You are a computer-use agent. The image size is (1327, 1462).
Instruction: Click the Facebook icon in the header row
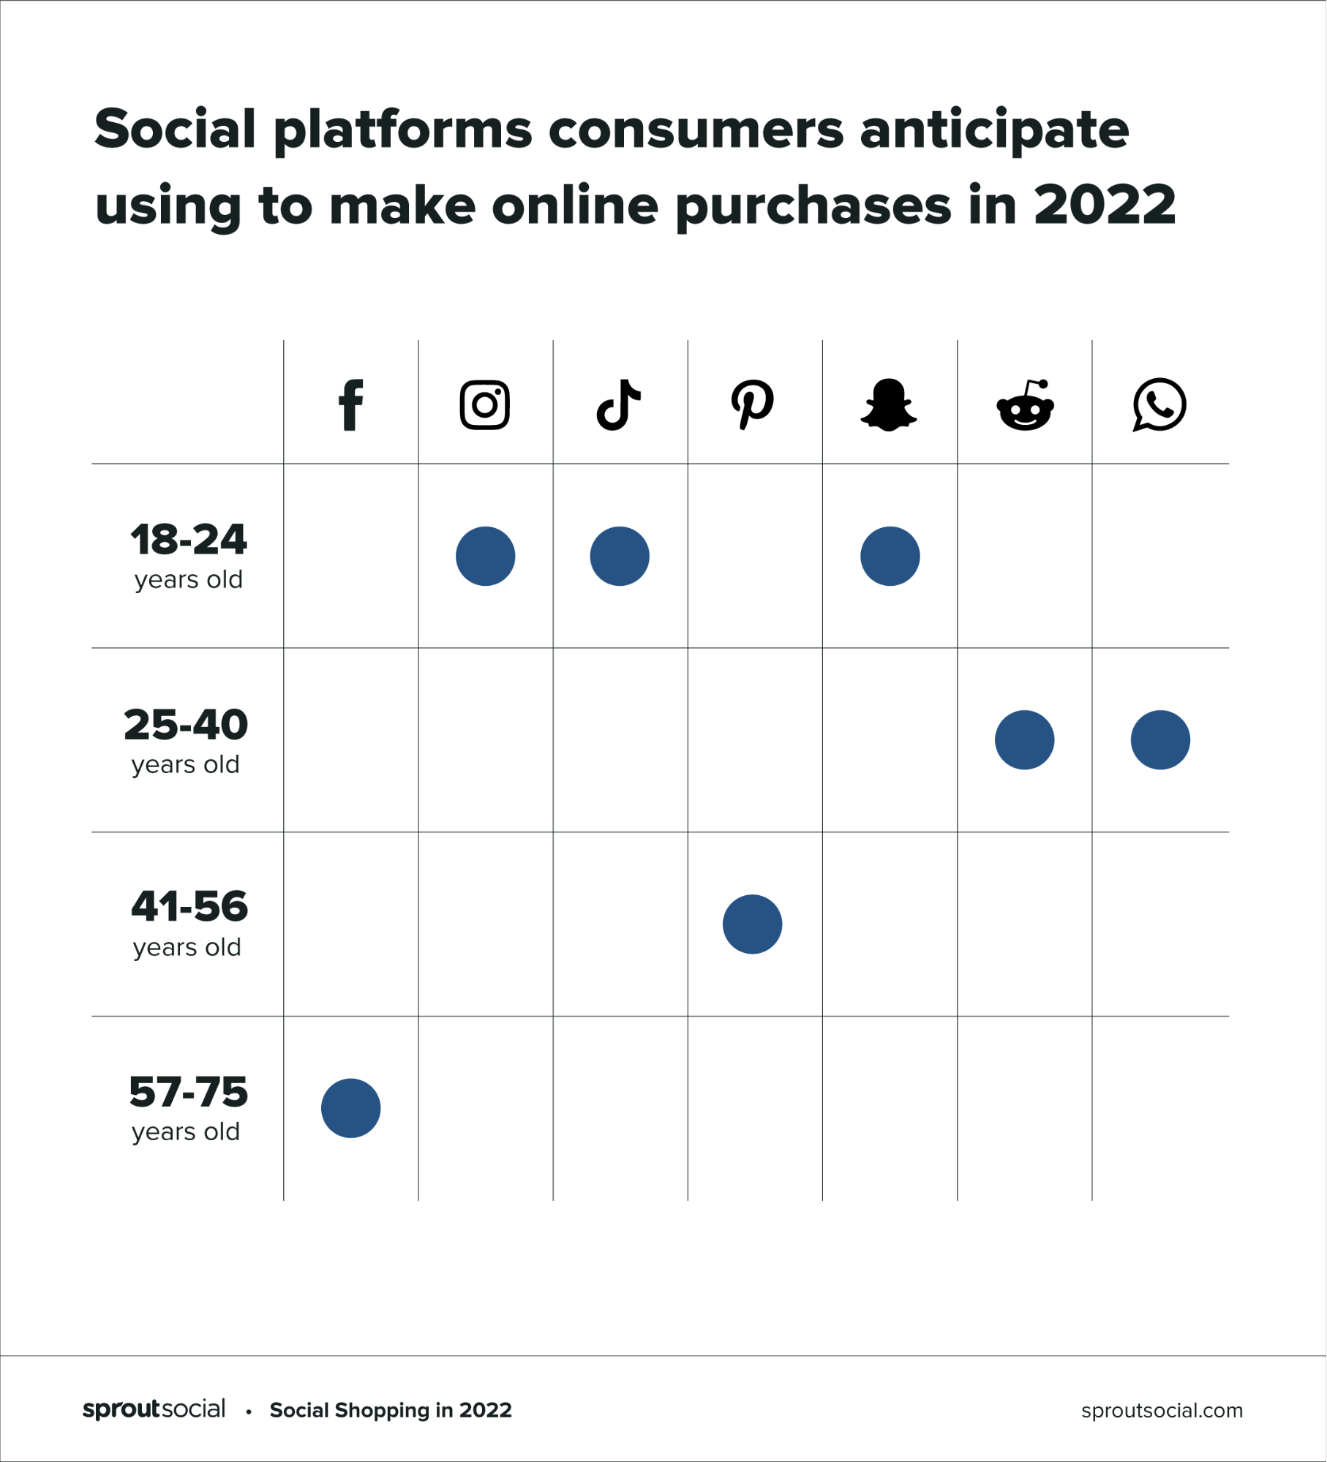351,405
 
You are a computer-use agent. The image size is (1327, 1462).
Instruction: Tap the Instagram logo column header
485,404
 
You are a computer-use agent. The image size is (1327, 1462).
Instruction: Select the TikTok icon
619,404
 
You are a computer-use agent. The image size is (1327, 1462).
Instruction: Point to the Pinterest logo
753,404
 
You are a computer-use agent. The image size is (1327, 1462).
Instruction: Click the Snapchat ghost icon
889,405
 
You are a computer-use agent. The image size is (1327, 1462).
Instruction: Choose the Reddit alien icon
1025,406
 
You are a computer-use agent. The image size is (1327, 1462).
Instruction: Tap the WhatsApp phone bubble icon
1159,404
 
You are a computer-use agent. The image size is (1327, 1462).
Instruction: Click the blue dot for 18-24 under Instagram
485,556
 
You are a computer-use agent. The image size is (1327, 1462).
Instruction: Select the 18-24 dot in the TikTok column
620,556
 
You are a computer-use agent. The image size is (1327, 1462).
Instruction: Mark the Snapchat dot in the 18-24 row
890,556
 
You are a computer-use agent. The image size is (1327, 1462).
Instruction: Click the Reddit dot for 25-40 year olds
1024,739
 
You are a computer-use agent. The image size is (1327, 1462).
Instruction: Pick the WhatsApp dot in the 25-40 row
1160,739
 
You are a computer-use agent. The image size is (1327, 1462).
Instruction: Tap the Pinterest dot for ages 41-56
752,924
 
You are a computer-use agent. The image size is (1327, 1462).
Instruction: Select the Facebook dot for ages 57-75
350,1108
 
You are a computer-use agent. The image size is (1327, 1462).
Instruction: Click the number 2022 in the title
1105,206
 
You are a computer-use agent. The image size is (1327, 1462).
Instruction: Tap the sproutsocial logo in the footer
154,1409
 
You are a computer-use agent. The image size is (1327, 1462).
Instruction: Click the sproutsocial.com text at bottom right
1162,1410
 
